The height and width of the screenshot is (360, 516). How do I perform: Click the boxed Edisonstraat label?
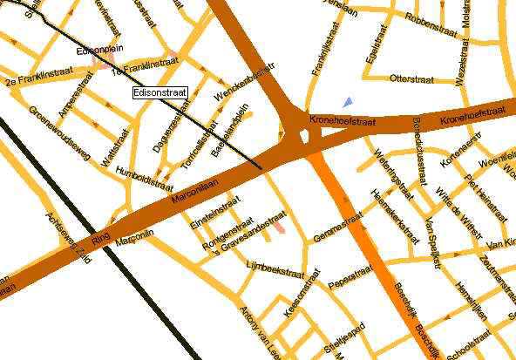(x=160, y=92)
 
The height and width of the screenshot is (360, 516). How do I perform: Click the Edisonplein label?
(x=97, y=51)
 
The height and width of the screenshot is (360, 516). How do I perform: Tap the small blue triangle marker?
(x=348, y=102)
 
